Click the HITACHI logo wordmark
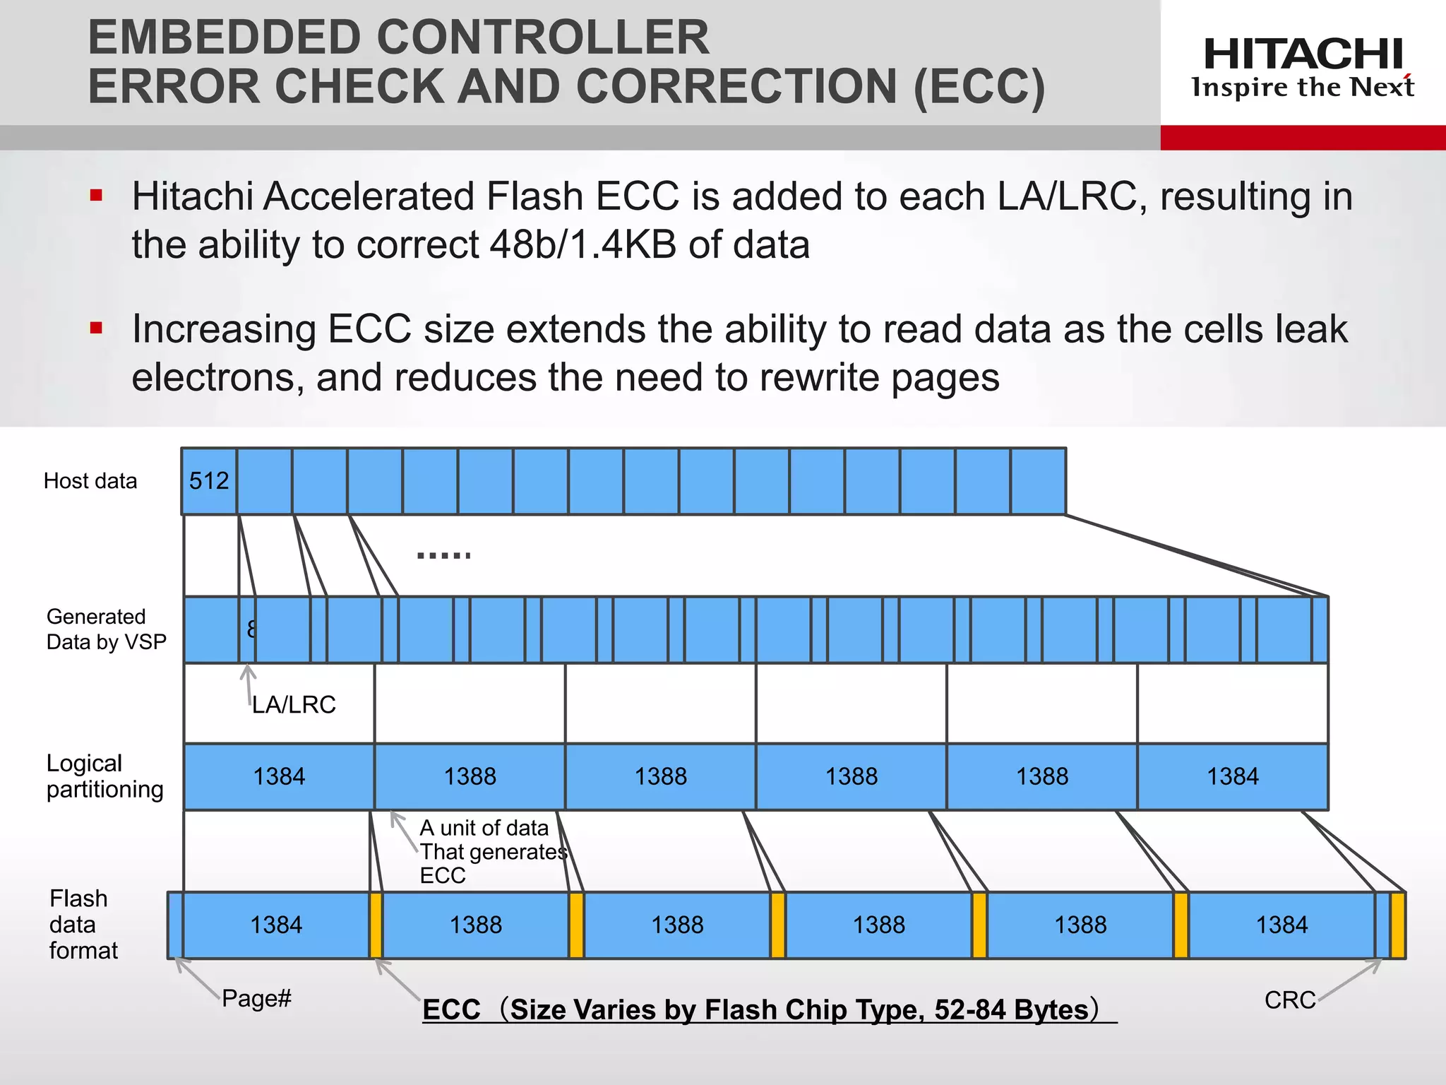coord(1303,54)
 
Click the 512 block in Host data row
coord(209,481)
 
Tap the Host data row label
coord(90,481)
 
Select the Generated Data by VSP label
coord(106,629)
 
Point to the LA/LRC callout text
coord(294,705)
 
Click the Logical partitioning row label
coord(104,776)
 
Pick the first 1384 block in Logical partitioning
coord(279,777)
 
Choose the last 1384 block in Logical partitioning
coord(1232,777)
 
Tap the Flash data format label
coord(83,925)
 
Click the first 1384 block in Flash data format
coord(276,925)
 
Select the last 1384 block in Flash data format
coord(1281,925)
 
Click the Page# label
coord(256,999)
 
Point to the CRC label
coord(1290,1000)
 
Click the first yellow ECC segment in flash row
coord(376,925)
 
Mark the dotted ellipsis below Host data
coord(444,556)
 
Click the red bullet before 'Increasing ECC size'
coord(97,328)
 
